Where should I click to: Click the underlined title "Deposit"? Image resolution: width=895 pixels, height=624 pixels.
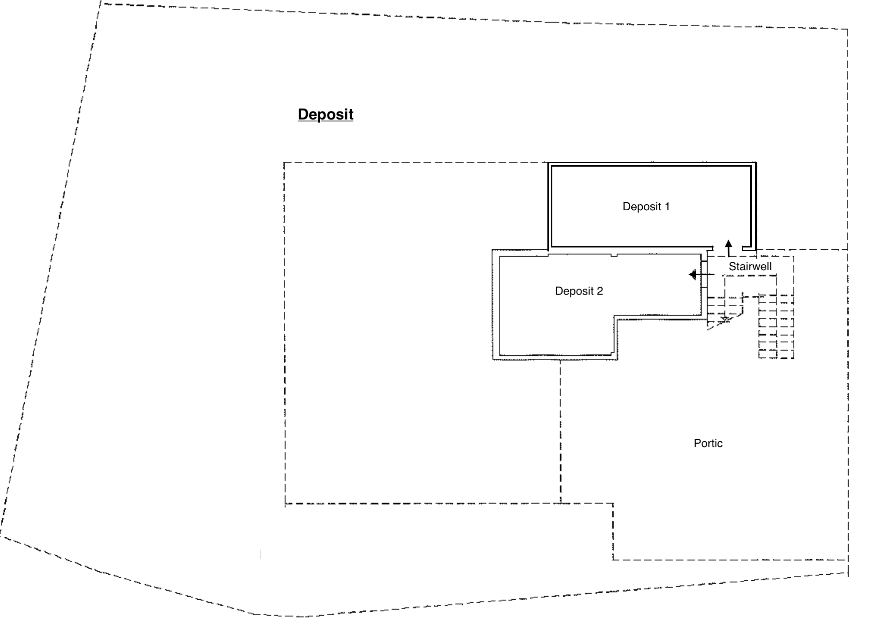326,115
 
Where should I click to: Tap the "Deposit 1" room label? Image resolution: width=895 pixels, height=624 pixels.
646,206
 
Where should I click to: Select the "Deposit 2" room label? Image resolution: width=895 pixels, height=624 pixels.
579,291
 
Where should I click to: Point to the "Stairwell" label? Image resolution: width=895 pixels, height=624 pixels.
750,266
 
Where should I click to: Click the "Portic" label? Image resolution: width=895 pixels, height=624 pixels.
708,443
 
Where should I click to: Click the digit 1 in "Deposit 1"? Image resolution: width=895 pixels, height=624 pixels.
667,206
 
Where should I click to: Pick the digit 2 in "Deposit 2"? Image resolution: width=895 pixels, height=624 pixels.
599,291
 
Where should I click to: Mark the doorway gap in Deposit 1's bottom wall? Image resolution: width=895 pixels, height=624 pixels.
728,248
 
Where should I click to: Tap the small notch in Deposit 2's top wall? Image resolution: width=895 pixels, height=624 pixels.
614,255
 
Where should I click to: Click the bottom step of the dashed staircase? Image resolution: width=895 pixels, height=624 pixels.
776,355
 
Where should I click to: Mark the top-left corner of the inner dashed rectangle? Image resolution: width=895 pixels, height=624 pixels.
284,163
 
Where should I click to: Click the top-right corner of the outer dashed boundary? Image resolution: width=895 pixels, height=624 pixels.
848,29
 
